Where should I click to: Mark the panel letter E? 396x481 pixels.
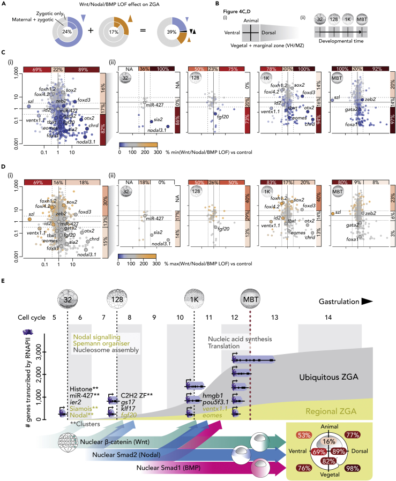point(5,280)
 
